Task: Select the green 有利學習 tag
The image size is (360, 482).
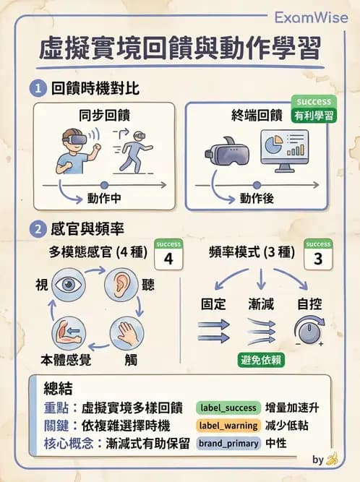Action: tap(314, 115)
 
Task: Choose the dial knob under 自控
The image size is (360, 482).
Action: tap(309, 331)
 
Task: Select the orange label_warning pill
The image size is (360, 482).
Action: tap(224, 426)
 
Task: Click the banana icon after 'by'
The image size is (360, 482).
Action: tap(333, 459)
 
